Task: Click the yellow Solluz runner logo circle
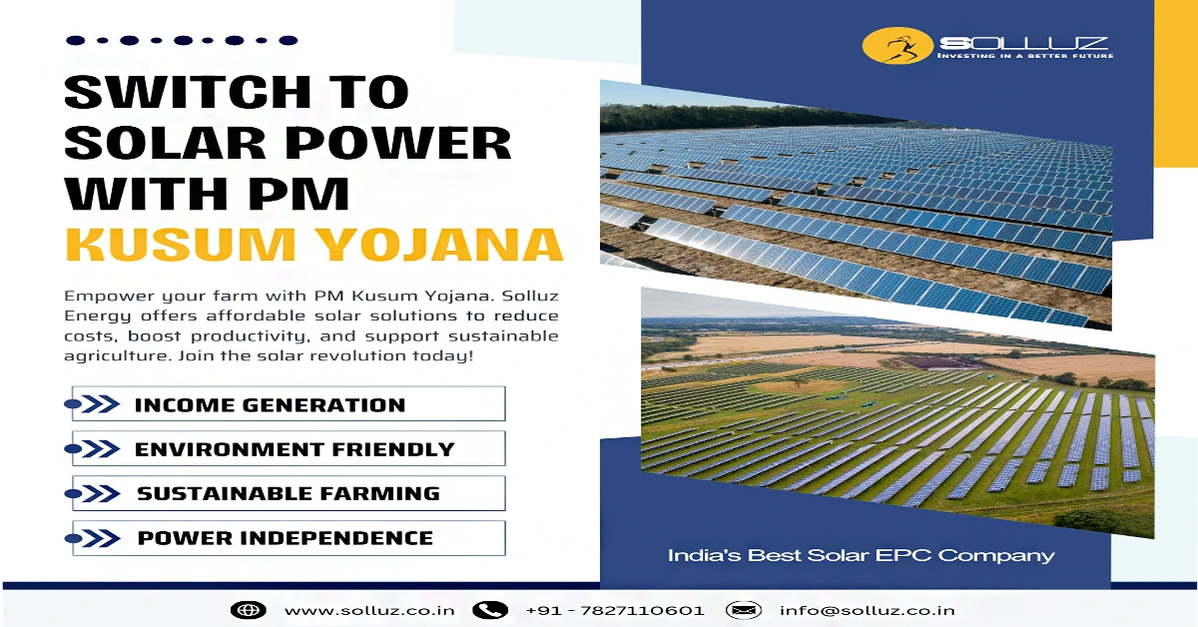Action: pos(898,46)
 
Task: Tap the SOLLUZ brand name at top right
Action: pos(1023,43)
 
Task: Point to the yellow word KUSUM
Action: pos(181,245)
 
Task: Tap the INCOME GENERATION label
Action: pos(271,405)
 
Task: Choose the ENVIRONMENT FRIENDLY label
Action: pos(295,449)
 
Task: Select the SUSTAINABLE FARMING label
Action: pos(289,493)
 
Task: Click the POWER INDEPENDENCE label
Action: pos(286,538)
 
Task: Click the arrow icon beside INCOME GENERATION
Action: pos(92,404)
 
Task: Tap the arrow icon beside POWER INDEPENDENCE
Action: pos(92,538)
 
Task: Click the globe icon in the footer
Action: pos(249,610)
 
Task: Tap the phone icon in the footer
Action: pos(490,610)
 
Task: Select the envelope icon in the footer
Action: pos(744,610)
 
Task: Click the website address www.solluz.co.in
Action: pos(369,610)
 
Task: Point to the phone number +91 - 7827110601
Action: pos(615,610)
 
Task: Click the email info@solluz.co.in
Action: pos(867,610)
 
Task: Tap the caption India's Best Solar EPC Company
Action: pos(861,555)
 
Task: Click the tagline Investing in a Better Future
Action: pos(1025,56)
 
